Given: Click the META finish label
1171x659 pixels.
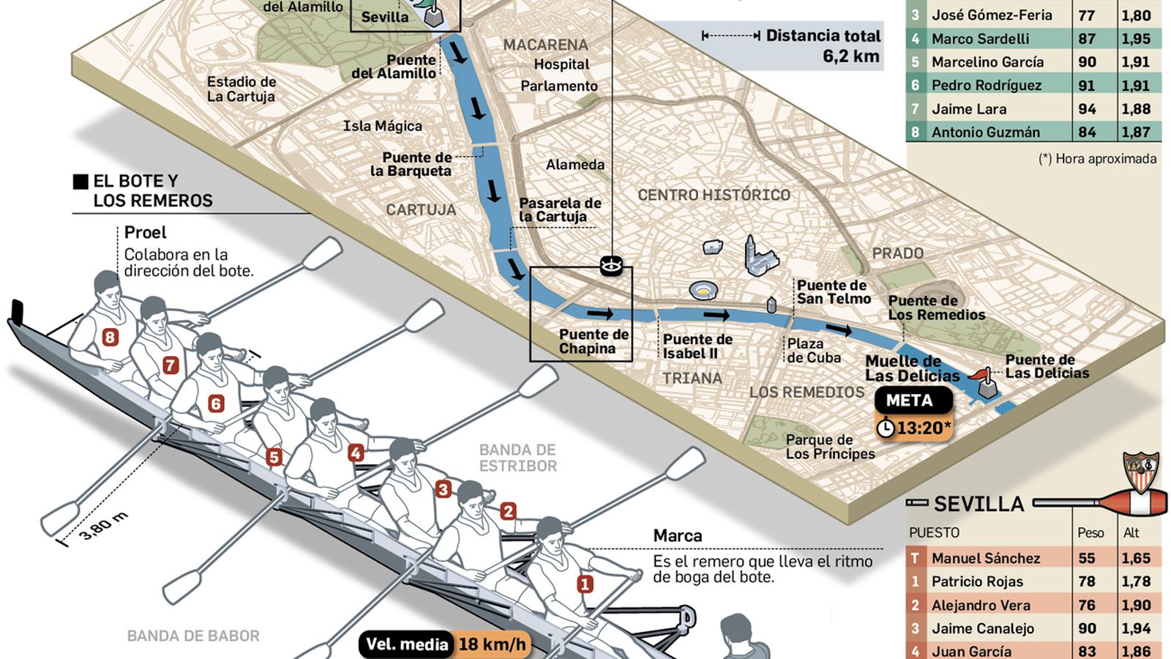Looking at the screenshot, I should coord(910,401).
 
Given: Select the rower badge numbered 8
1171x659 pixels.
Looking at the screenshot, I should coord(111,337).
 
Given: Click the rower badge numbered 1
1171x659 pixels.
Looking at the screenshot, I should coord(585,584).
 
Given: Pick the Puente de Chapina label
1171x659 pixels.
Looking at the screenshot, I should coord(594,341).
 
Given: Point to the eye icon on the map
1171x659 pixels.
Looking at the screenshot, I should coord(610,265).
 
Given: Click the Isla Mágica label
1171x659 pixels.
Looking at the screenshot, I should coord(382,126).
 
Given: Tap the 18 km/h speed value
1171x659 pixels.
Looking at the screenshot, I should coord(492,644).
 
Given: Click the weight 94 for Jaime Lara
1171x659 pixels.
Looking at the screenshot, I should coord(1087,109).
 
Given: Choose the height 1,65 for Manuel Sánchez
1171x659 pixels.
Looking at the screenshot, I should coord(1135,558).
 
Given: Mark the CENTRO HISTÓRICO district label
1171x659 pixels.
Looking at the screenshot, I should coord(714,195).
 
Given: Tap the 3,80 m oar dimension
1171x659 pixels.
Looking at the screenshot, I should coord(103,526).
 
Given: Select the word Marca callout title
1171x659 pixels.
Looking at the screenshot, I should coord(677,536).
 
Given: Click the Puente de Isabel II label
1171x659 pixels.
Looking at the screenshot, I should coord(697,346).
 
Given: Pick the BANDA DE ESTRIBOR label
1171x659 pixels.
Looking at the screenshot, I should coord(517,458).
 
